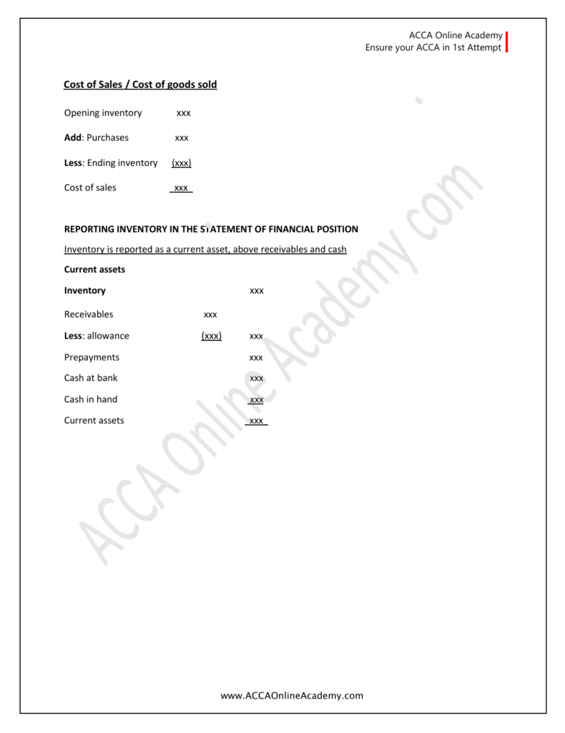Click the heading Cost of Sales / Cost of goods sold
[140, 84]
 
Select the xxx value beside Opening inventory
[184, 113]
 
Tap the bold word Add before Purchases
[73, 137]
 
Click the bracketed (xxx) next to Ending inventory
[181, 163]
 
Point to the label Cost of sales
[90, 188]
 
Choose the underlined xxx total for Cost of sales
[181, 188]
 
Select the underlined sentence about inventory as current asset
[205, 250]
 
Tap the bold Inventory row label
[85, 291]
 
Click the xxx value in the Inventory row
[256, 291]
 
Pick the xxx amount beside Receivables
[210, 314]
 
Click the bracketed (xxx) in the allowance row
[211, 336]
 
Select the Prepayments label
[92, 357]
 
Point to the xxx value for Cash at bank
[256, 378]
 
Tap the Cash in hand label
[91, 399]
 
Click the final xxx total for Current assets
[256, 421]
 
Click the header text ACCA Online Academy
[456, 36]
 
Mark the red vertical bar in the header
[506, 42]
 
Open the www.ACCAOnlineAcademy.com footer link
[292, 695]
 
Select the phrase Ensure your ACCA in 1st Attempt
[433, 49]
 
